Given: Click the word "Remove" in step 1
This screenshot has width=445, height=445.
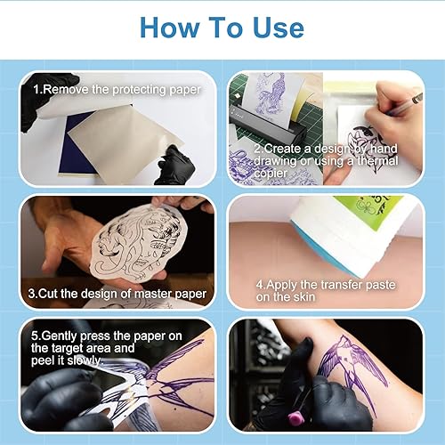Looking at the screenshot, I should point(67,90).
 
